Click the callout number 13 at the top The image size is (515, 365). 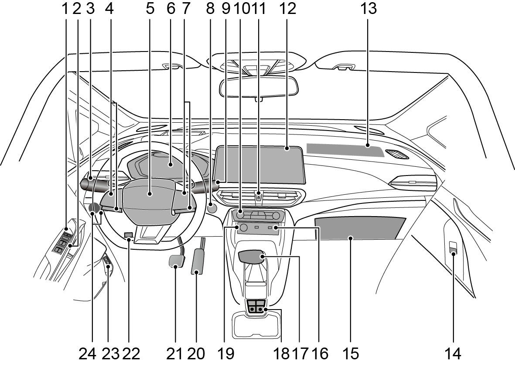[368, 8]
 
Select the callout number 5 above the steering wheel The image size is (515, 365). [150, 8]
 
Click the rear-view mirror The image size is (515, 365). [259, 86]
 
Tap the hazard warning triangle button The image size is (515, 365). [258, 197]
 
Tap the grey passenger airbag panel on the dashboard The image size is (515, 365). [344, 149]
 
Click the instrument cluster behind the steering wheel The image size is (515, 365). [166, 166]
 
